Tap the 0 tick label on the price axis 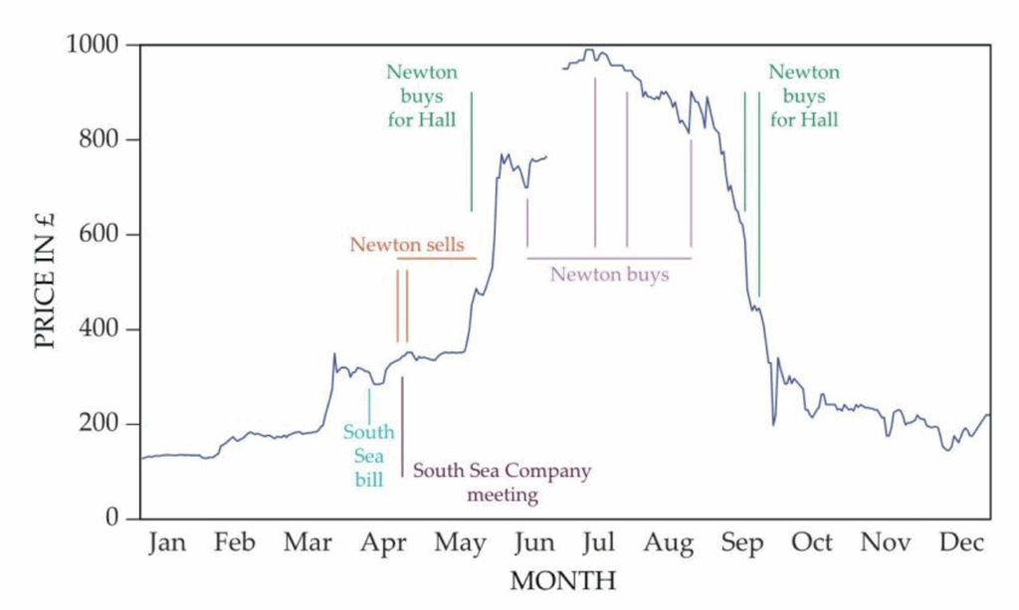click(114, 518)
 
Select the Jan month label click(168, 543)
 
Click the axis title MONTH click(563, 579)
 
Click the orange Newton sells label click(407, 245)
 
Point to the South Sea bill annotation click(368, 457)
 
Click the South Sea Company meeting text click(502, 482)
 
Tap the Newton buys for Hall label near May click(421, 97)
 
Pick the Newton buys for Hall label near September click(804, 97)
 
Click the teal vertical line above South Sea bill click(369, 406)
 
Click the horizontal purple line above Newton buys click(609, 258)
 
